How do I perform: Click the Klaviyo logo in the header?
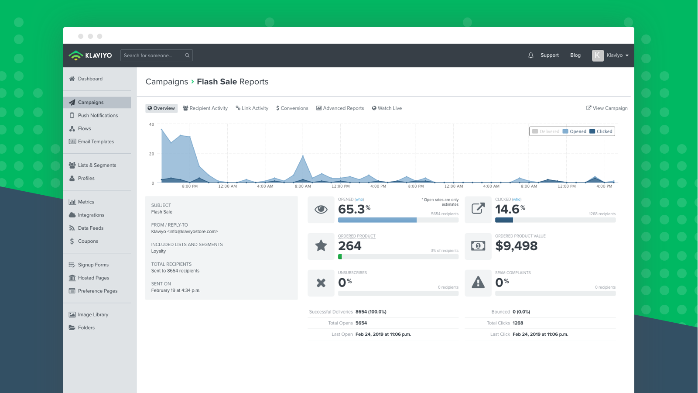tap(90, 55)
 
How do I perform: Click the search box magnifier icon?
tap(187, 55)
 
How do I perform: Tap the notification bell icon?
tap(530, 55)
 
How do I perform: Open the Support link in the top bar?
tap(549, 55)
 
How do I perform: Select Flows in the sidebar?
tap(84, 128)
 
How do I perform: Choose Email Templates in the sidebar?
tap(96, 141)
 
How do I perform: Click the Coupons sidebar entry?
tap(88, 241)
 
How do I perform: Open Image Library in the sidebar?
tap(93, 314)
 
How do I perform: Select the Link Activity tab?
tap(252, 108)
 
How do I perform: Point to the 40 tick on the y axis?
tap(151, 124)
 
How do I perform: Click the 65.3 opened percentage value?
tap(352, 209)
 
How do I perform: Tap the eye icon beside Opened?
tap(321, 210)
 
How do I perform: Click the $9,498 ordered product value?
tap(516, 246)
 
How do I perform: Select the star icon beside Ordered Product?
tap(321, 246)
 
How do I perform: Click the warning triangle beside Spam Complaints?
tap(478, 283)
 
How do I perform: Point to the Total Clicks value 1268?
tap(518, 323)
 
